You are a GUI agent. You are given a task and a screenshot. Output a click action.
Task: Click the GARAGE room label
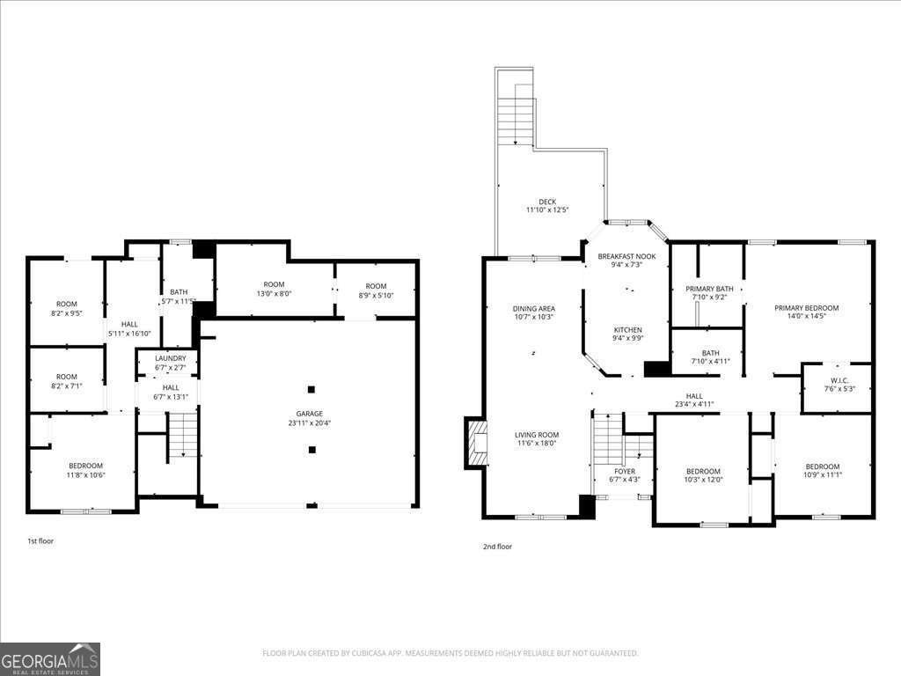(309, 414)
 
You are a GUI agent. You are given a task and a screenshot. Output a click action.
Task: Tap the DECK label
(547, 202)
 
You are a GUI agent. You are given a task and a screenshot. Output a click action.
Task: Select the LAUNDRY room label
(170, 358)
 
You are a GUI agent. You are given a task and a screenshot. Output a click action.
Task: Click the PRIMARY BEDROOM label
(806, 308)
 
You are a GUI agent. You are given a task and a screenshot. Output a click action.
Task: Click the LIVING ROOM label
(537, 435)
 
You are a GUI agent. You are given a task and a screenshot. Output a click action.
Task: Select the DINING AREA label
(534, 308)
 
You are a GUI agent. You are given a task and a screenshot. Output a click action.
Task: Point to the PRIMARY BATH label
(709, 289)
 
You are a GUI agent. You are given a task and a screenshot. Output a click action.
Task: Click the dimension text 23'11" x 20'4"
(309, 422)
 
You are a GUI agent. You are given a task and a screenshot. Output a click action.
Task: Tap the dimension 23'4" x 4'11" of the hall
(694, 405)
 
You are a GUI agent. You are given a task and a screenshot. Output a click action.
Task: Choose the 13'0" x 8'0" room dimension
(274, 295)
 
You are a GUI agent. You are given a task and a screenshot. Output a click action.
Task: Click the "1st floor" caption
(40, 540)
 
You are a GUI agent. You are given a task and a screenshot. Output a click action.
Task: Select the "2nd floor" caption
(497, 547)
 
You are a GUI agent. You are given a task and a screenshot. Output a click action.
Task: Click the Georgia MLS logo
(50, 658)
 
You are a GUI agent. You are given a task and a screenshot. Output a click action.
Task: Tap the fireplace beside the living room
(477, 442)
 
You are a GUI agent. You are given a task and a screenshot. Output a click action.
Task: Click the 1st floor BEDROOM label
(86, 466)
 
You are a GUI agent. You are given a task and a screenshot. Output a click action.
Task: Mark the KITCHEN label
(627, 330)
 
